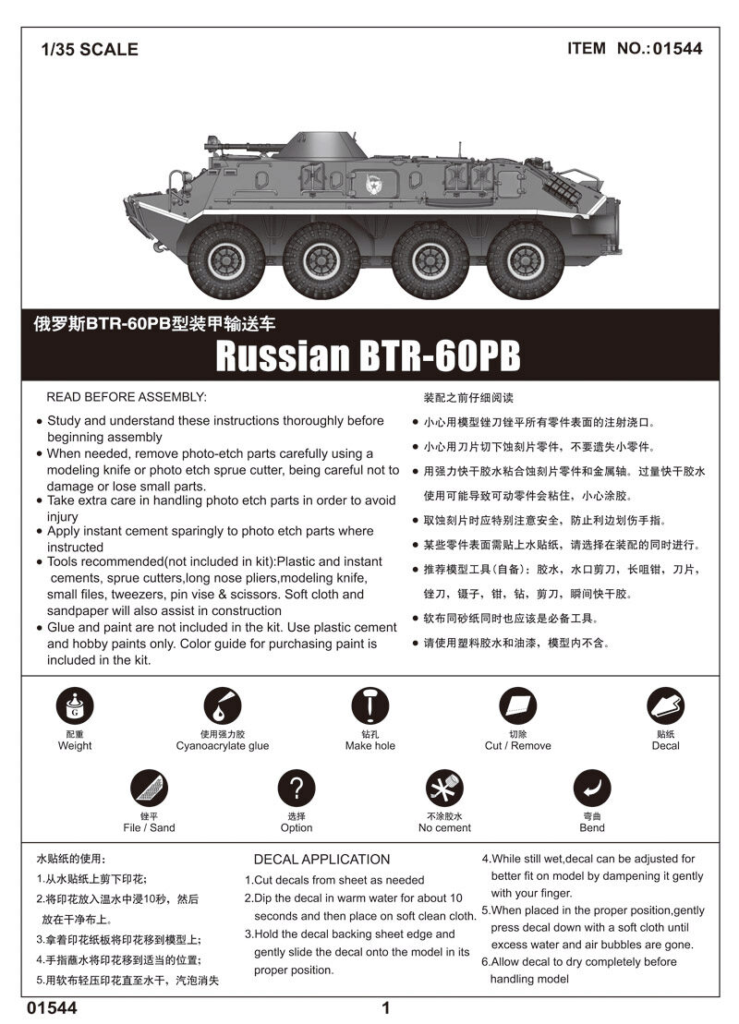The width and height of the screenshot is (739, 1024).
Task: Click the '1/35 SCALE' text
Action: (x=90, y=50)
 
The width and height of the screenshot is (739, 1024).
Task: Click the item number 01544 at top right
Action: (x=677, y=49)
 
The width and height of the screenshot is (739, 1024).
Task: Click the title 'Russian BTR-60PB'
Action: (x=368, y=356)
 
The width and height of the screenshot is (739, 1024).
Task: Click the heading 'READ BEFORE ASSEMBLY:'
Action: (x=127, y=397)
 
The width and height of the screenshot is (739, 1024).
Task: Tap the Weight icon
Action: (x=74, y=706)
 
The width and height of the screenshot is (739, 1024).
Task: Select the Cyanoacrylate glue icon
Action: (x=222, y=706)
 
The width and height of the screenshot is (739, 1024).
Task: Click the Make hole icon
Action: (x=369, y=706)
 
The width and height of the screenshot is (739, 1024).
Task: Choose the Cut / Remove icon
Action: (x=517, y=706)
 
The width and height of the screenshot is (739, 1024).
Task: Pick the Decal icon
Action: (x=665, y=706)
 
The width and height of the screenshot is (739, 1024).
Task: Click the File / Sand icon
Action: (x=149, y=789)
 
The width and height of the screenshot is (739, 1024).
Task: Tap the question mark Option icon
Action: (x=297, y=789)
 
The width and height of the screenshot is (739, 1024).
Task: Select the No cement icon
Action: (x=444, y=789)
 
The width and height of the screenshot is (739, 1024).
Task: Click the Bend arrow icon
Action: (x=592, y=789)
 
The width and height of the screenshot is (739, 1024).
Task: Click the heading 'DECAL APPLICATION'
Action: (x=321, y=860)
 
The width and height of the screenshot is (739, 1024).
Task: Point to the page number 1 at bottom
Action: (x=386, y=1008)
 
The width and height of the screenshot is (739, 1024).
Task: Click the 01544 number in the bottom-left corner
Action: (x=52, y=1008)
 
